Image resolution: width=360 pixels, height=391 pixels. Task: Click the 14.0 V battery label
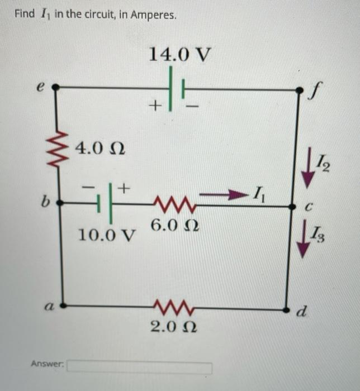click(x=180, y=55)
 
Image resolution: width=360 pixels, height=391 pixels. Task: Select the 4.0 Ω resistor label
click(x=100, y=149)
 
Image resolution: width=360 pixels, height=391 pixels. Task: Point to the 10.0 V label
click(x=107, y=235)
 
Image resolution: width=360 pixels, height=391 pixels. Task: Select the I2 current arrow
click(x=306, y=171)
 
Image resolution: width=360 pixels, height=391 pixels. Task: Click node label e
click(x=39, y=87)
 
